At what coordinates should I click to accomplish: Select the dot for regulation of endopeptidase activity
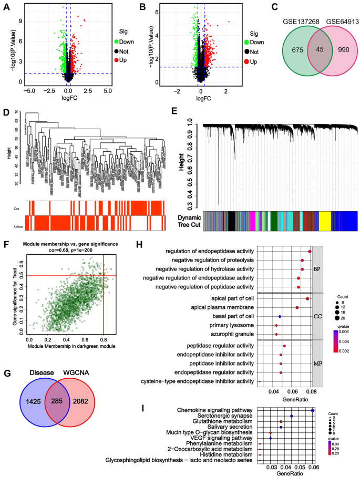[310, 252]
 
